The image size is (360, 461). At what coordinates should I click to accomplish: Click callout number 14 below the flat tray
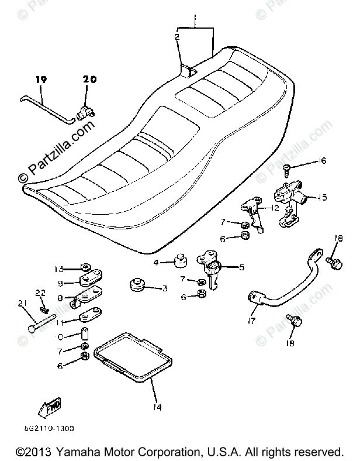point(158,407)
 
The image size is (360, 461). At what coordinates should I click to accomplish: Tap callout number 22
point(40,293)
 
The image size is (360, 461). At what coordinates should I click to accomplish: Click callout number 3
point(165,288)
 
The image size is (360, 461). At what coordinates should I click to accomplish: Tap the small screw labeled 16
point(287,170)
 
